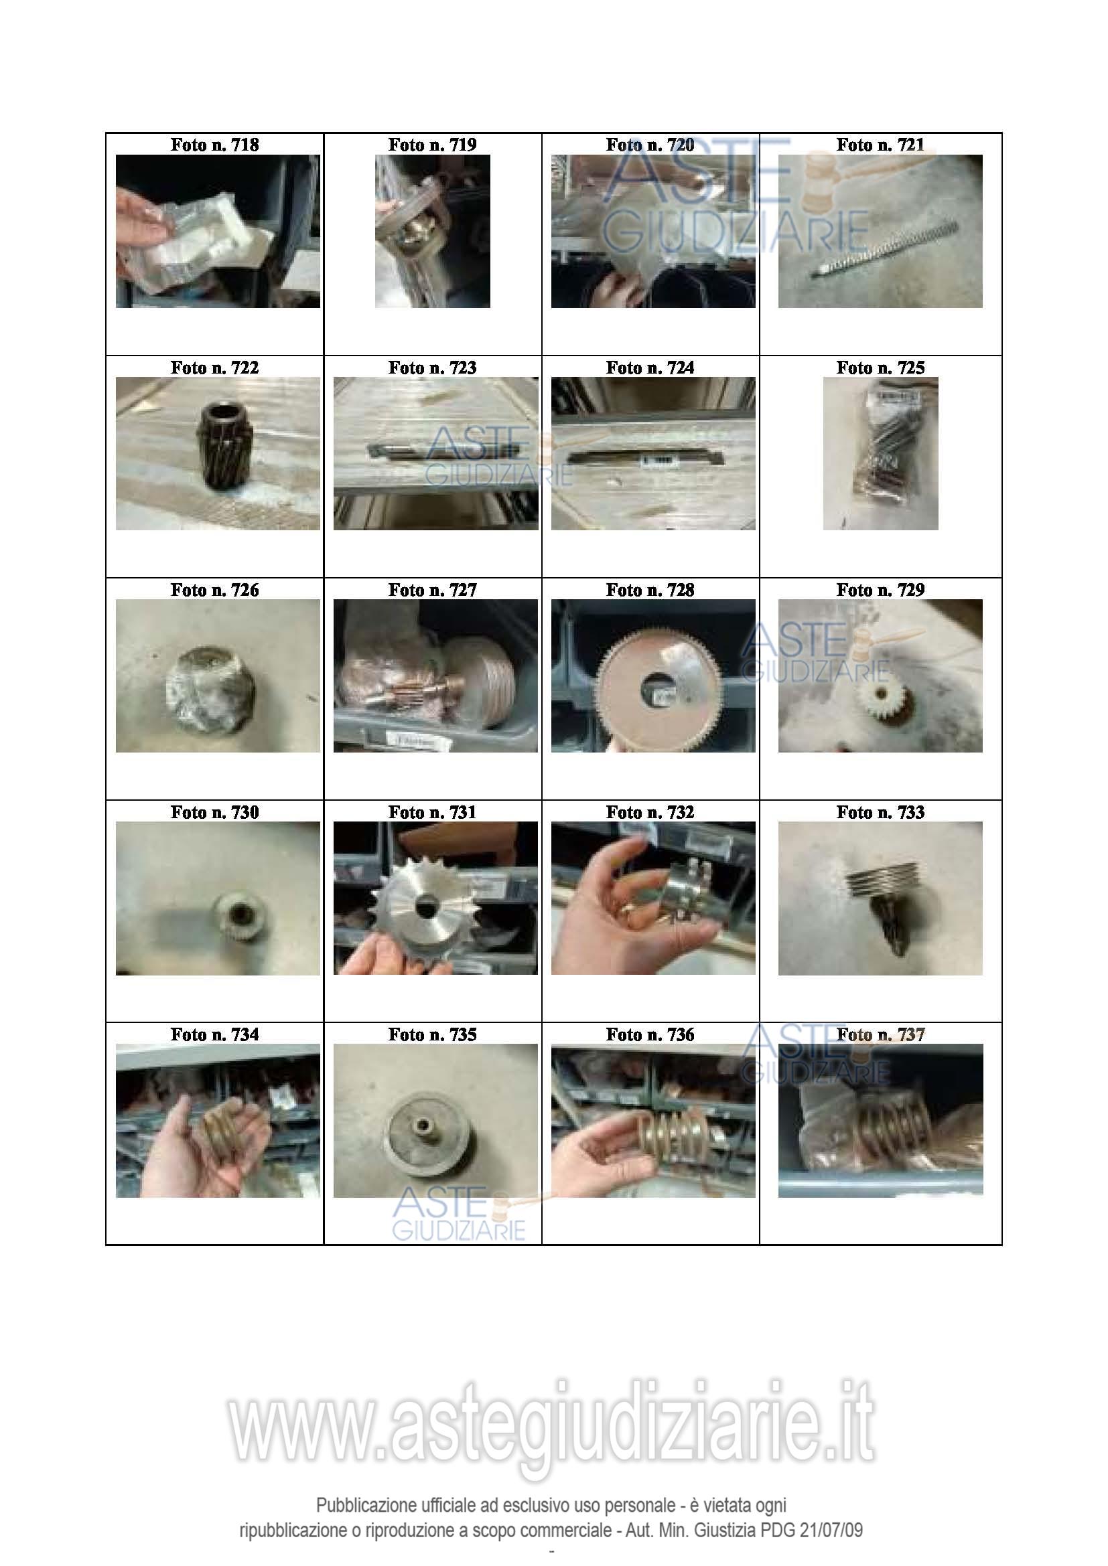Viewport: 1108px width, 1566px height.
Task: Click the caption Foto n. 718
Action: [x=214, y=145]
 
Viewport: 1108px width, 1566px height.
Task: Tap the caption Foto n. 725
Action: [x=880, y=368]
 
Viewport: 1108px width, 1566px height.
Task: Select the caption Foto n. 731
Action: [x=432, y=812]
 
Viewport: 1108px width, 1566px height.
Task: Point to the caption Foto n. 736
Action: [x=650, y=1034]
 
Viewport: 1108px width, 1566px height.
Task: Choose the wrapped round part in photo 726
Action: [x=212, y=690]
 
